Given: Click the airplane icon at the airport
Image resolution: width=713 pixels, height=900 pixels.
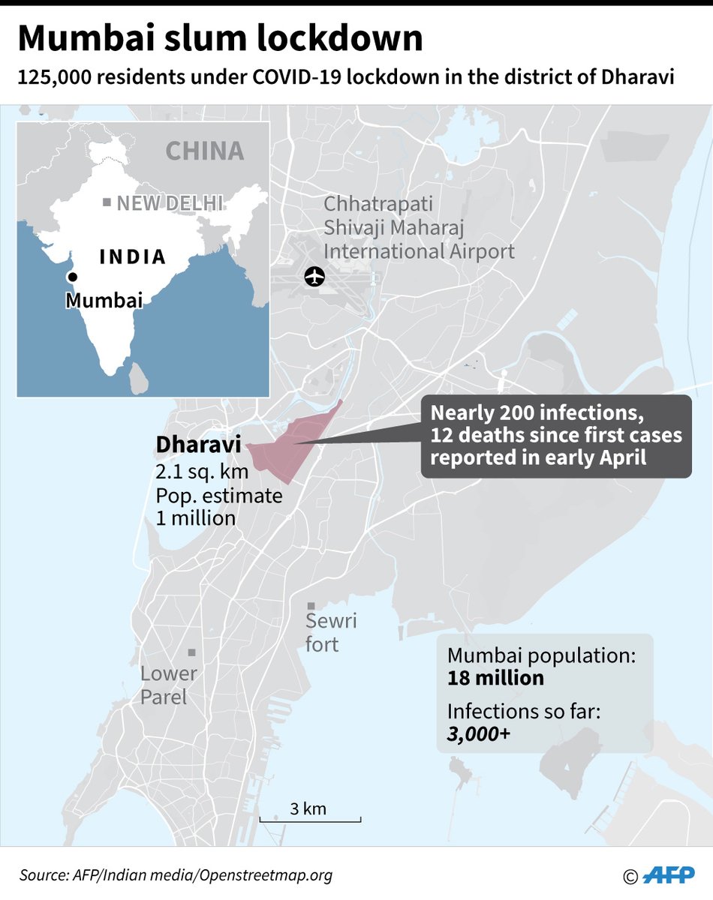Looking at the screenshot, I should pos(314,276).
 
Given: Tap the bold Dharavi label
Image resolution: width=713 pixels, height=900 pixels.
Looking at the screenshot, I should pos(198,445).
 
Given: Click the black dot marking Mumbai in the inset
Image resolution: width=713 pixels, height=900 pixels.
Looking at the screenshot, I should pos(73,277).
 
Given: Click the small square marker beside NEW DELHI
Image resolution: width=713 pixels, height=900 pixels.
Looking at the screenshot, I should pos(107,202).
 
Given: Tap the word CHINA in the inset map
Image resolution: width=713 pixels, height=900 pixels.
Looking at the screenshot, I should pos(205,151).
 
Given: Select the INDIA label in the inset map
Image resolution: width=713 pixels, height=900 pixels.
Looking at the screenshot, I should pos(133,256).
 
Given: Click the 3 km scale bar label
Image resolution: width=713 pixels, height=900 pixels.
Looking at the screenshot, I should pos(308,808).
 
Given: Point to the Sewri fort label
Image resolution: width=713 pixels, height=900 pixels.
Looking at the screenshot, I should pos(331,632).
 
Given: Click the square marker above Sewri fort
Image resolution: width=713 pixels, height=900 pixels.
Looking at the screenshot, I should pos(310,605).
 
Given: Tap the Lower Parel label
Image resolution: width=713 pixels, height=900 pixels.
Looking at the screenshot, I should pos(168,685).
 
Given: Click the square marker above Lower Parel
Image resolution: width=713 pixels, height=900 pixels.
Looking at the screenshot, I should pos(192,652).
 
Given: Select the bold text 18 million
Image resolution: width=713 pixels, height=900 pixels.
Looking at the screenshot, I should pos(495,679).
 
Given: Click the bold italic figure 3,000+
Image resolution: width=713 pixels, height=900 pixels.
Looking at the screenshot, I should pos(478,735).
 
